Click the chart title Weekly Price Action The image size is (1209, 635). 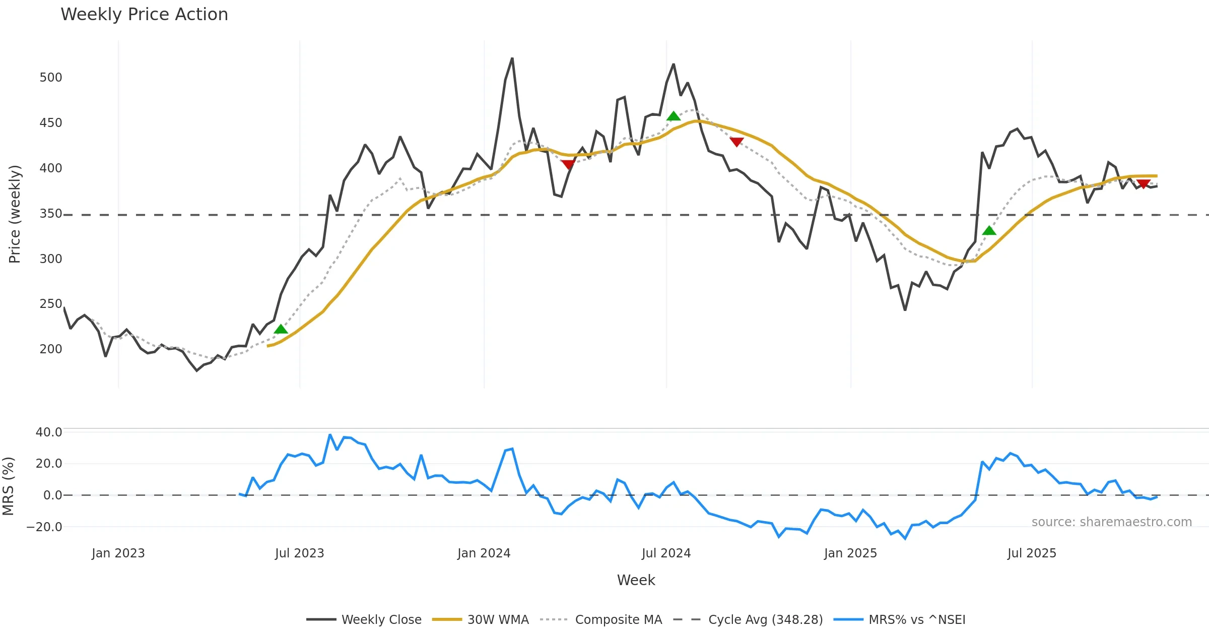144,14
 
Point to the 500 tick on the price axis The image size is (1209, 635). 51,77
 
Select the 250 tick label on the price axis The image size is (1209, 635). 51,303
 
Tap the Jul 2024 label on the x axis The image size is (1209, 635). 666,553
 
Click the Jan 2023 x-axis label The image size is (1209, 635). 118,553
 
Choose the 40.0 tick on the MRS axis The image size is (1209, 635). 49,432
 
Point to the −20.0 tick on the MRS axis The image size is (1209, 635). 44,527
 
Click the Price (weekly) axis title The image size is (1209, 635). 15,214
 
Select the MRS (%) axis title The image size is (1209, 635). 8,486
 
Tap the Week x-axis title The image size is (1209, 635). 636,580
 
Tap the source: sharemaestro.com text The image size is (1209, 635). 1111,522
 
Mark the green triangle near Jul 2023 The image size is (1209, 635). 281,329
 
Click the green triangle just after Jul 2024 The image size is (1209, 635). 674,116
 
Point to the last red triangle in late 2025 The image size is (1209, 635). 1144,184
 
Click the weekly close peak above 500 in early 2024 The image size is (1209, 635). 512,58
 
